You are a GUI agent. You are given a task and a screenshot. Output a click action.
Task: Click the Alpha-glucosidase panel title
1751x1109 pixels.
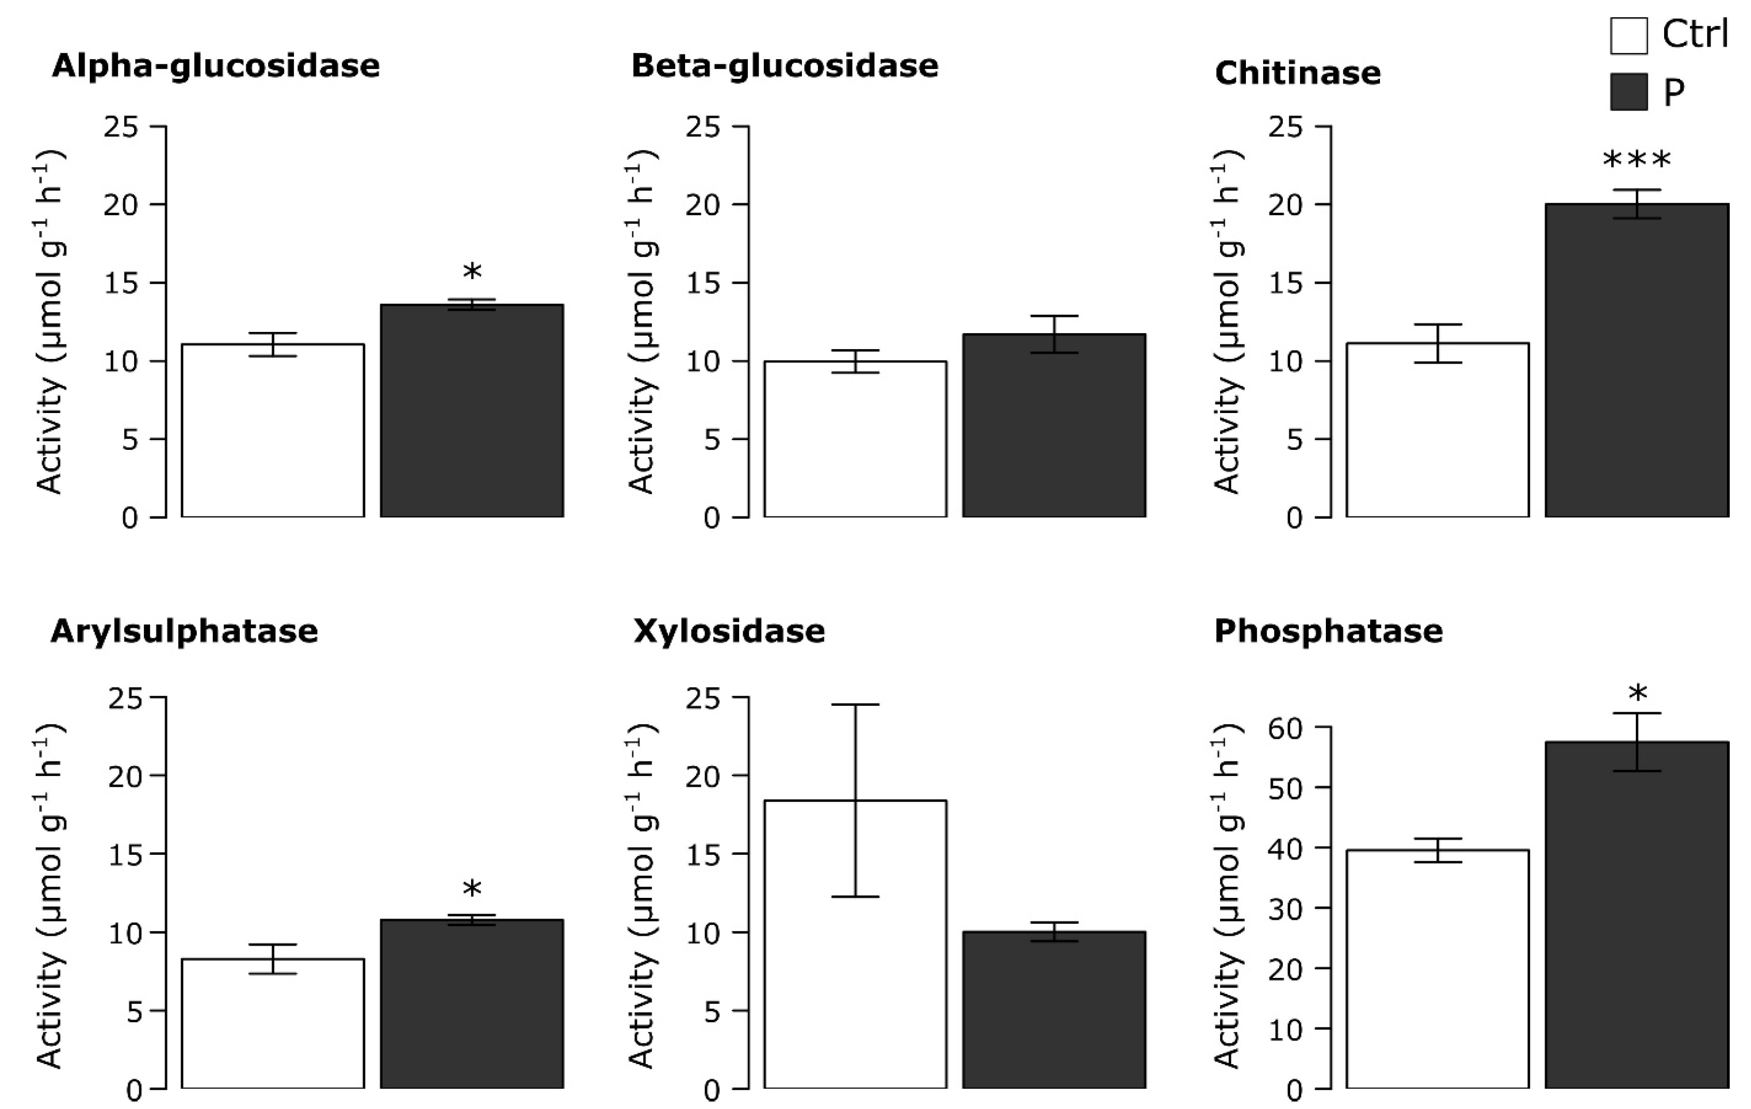216,66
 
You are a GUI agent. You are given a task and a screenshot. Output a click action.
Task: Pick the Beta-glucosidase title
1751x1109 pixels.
785,66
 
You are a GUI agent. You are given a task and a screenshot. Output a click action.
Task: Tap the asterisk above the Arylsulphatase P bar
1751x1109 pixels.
472,889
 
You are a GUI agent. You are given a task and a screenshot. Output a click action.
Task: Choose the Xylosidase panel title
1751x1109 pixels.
729,631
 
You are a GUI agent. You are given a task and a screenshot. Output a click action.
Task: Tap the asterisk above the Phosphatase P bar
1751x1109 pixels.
1638,694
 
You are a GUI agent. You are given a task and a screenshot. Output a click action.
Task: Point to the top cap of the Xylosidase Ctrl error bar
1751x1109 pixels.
855,705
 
